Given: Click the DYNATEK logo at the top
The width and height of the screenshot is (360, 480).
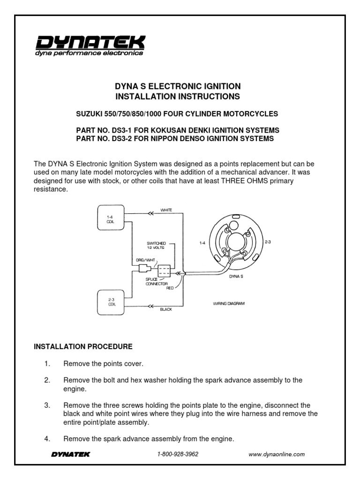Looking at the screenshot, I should click(90, 45).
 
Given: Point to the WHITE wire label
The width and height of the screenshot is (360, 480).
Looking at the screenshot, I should click(166, 210).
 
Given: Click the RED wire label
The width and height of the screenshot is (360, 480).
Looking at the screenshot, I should click(170, 288).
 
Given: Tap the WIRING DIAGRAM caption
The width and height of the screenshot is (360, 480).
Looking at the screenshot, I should click(229, 304).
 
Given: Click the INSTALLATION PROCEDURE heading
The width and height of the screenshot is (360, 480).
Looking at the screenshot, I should click(83, 346).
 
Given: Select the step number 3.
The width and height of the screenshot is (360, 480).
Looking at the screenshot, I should click(47, 405).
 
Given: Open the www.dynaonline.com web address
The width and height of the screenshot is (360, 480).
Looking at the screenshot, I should click(277, 454).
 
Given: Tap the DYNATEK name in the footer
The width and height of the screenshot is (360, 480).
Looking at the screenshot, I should click(70, 454).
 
